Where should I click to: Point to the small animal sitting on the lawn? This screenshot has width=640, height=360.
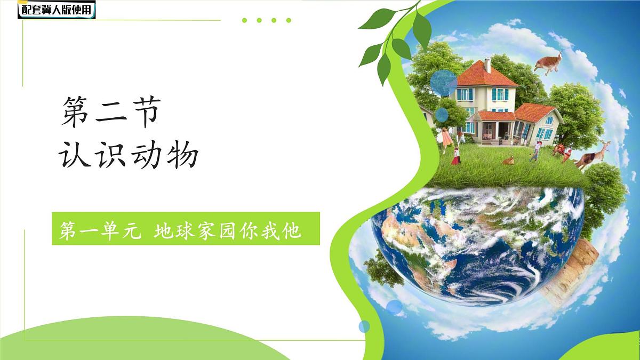[508, 159]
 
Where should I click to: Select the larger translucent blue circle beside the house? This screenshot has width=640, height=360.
[443, 83]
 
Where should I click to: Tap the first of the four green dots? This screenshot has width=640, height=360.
[244, 20]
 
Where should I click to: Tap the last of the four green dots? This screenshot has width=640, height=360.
[289, 20]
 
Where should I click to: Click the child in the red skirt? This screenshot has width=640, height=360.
[456, 156]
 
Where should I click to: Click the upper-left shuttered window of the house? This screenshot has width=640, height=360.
[465, 94]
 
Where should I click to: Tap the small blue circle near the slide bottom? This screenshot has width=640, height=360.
[364, 326]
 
